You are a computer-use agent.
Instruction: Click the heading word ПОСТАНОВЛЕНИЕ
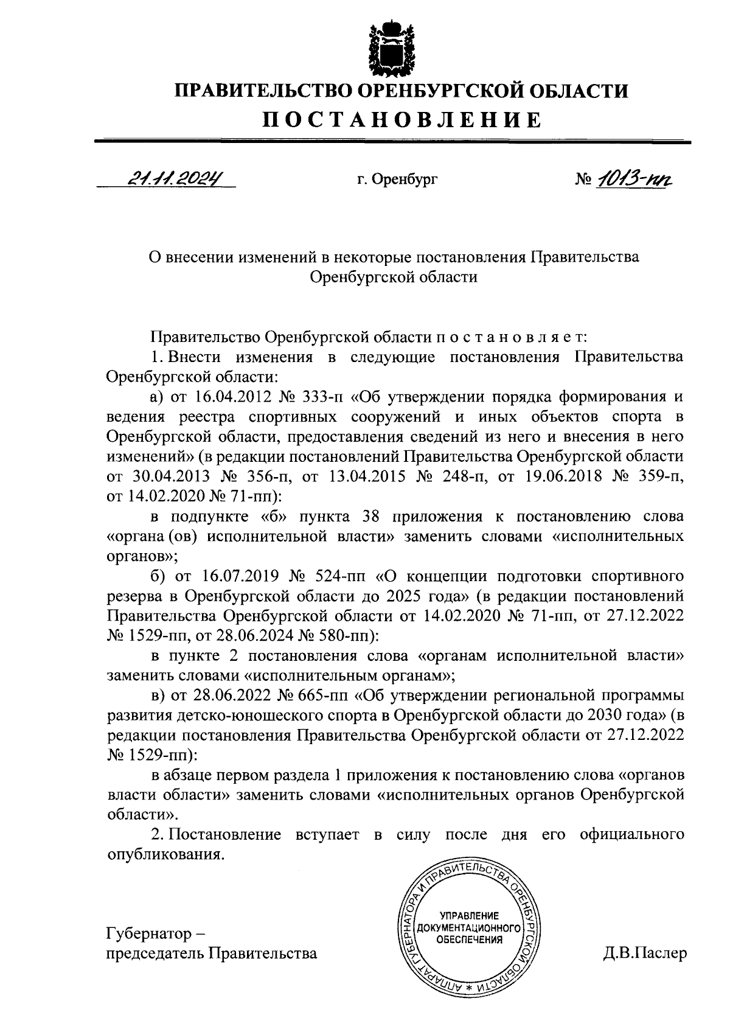401,120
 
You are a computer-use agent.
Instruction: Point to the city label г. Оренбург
397,180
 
